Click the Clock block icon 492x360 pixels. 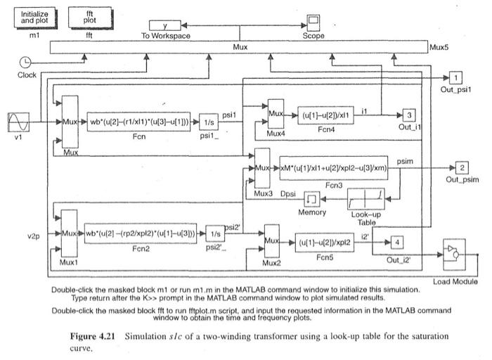click(25, 62)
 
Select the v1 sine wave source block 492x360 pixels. click(18, 122)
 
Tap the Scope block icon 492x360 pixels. click(313, 22)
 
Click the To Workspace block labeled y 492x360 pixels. click(165, 25)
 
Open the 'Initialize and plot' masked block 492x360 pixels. click(34, 18)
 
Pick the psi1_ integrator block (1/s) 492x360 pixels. click(209, 122)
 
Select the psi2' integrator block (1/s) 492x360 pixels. click(215, 233)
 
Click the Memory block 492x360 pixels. click(312, 199)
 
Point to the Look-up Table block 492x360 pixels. click(366, 199)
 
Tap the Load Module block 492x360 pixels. click(454, 255)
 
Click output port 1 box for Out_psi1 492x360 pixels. click(455, 77)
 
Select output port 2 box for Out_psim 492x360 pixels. click(462, 167)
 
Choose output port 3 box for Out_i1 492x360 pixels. click(409, 115)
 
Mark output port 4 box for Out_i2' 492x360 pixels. click(397, 243)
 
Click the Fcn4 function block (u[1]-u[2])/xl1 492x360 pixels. click(325, 115)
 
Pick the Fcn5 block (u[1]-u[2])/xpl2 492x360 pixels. click(325, 243)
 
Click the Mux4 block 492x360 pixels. click(276, 114)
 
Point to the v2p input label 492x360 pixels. click(34, 236)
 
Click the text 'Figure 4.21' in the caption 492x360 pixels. click(92, 336)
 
